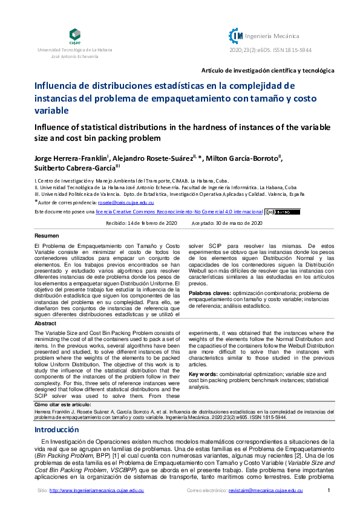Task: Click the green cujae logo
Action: (74, 35)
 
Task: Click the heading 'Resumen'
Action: (47, 235)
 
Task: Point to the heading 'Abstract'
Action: (47, 323)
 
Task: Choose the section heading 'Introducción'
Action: (56, 430)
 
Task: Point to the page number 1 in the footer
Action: (328, 490)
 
